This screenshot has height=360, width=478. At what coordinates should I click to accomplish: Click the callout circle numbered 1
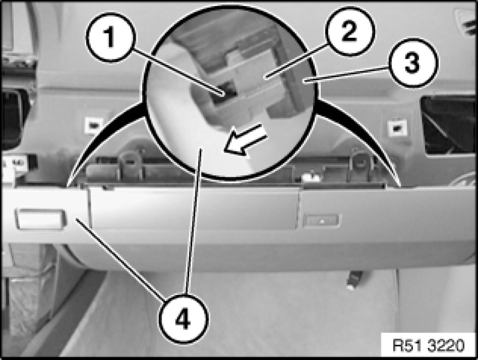(110, 38)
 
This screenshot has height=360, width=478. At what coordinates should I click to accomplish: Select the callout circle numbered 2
(350, 31)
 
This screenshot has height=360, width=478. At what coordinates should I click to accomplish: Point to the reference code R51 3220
(429, 346)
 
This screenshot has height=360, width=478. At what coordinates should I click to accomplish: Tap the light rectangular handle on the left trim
(40, 219)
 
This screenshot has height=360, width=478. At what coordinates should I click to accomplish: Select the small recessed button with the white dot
(322, 221)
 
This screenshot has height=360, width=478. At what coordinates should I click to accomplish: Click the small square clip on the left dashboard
(93, 125)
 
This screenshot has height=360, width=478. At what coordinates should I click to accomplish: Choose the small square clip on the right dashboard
(397, 127)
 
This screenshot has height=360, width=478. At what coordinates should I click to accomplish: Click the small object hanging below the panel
(354, 280)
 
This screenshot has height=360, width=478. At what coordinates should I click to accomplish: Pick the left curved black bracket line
(104, 143)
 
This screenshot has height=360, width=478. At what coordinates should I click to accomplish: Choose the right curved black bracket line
(359, 143)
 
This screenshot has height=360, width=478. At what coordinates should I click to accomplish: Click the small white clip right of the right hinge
(311, 177)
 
